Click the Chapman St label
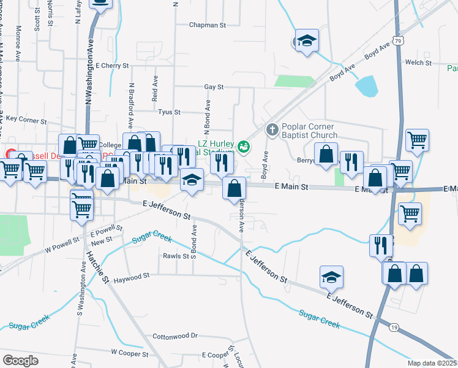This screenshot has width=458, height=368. coord(208,25)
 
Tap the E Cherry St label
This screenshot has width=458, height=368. coord(113,65)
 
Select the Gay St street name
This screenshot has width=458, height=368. coord(214,88)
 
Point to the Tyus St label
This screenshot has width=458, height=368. coord(169,112)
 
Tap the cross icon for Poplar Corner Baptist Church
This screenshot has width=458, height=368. coord(272,129)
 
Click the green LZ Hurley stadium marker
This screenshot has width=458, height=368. coord(244,147)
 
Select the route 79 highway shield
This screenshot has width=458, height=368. coord(399,40)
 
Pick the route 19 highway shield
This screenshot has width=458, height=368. coord(394,328)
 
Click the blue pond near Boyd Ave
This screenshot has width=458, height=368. coord(366,86)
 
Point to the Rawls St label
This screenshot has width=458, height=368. coord(176,256)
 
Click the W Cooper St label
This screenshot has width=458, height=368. coord(129,353)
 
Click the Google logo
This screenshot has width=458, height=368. coord(20,360)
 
